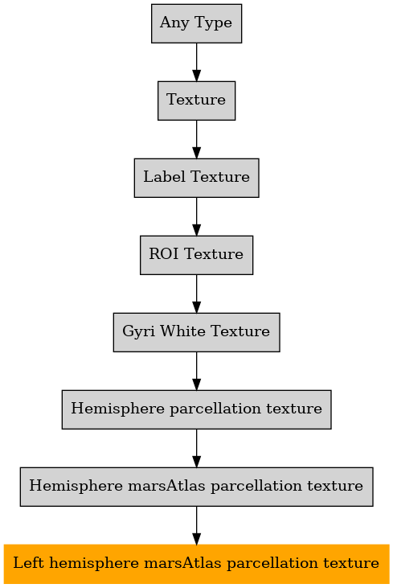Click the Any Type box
pos(196,23)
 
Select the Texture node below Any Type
pos(196,101)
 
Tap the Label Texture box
pos(196,178)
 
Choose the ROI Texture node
pos(196,255)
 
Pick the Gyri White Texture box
pos(196,332)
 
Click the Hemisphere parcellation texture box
pos(196,409)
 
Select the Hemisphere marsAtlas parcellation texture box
pos(196,487)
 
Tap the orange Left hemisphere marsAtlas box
pos(196,564)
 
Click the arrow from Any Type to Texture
pos(196,62)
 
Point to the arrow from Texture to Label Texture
pos(196,139)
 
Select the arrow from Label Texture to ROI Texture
pos(196,216)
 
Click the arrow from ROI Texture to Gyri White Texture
pos(196,294)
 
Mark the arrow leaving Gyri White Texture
pos(196,371)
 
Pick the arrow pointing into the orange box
pos(196,525)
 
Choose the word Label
pos(165,177)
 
